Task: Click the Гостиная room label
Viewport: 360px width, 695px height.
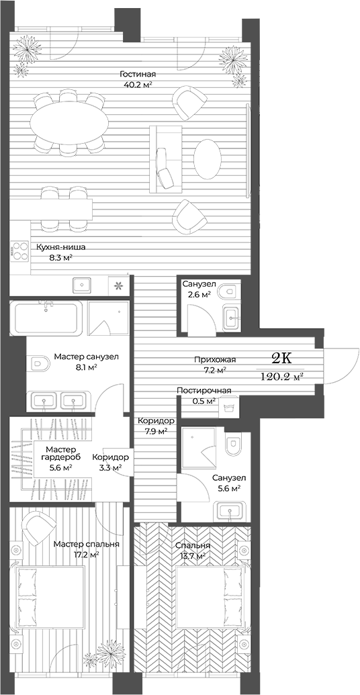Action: pyautogui.click(x=138, y=74)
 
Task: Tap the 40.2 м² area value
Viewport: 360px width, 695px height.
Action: pyautogui.click(x=138, y=85)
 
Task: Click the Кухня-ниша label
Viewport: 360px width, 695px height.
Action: pyautogui.click(x=61, y=246)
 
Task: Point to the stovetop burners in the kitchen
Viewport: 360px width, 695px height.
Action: pyautogui.click(x=18, y=250)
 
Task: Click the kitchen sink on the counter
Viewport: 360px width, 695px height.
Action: pyautogui.click(x=82, y=285)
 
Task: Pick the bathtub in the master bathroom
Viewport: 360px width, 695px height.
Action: pyautogui.click(x=46, y=318)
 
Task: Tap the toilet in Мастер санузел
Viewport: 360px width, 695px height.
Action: pyautogui.click(x=40, y=365)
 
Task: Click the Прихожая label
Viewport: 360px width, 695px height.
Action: pyautogui.click(x=210, y=359)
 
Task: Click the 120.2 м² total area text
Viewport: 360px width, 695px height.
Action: pyautogui.click(x=281, y=377)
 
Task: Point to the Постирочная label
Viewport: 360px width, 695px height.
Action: pyautogui.click(x=204, y=391)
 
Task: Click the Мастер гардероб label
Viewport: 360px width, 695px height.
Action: pyautogui.click(x=60, y=454)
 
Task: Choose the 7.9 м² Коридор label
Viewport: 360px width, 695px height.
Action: pyautogui.click(x=156, y=426)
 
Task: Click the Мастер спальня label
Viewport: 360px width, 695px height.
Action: pyautogui.click(x=87, y=544)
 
